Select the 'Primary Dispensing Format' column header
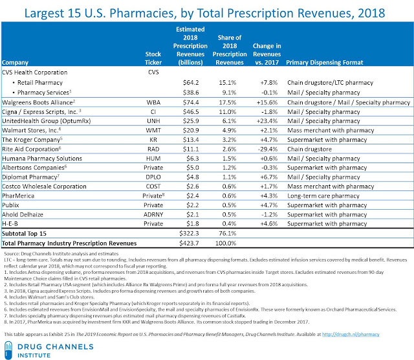pyautogui.click(x=331, y=63)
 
